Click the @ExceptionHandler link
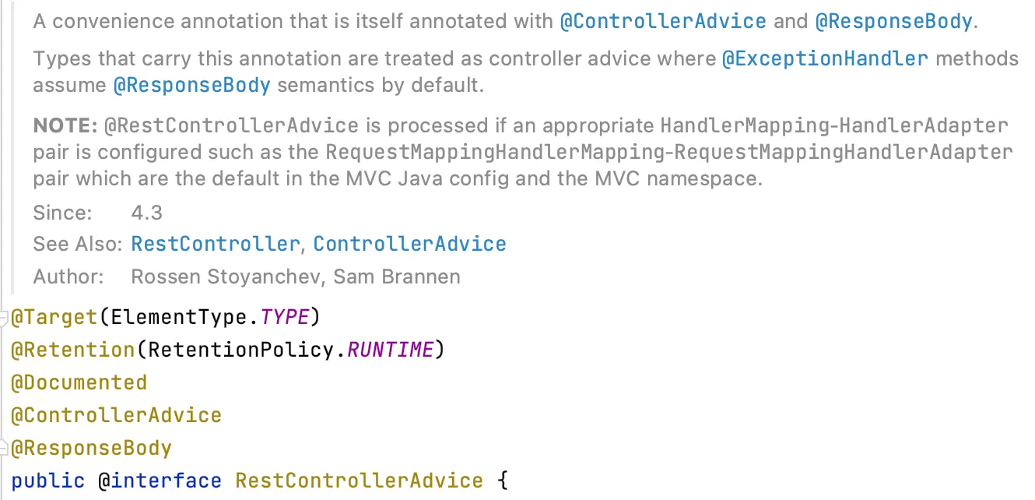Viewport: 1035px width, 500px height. (825, 59)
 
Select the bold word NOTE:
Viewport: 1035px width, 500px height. (65, 126)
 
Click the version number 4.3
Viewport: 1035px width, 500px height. (147, 213)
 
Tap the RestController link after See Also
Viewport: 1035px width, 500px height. (215, 245)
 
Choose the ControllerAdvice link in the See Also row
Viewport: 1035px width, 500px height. (409, 245)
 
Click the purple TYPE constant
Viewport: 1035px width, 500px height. (285, 318)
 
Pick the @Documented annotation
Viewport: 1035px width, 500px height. (79, 383)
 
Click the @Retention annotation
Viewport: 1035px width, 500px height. (72, 350)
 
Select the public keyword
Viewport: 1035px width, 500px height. (48, 481)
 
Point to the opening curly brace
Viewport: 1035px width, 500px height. (502, 481)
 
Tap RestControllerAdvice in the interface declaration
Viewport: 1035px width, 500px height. (359, 481)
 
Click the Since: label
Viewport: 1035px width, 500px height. (62, 213)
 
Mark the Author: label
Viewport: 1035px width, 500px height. (68, 276)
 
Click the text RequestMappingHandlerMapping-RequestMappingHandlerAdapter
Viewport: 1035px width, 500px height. (669, 152)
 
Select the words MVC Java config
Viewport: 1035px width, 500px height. (452, 179)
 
